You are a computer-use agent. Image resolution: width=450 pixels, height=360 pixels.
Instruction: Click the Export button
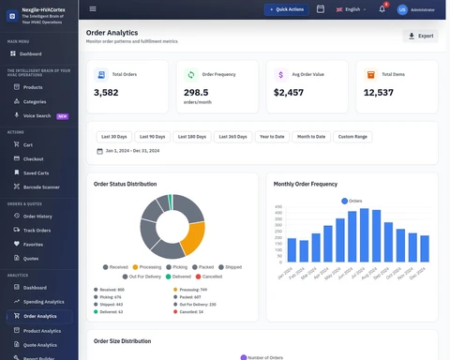tap(420, 36)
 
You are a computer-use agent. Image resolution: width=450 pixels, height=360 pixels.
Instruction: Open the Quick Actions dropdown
tap(287, 8)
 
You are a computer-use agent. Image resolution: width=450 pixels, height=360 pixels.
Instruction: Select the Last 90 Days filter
tap(152, 137)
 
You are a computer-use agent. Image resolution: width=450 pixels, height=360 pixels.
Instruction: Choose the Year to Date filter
tap(272, 137)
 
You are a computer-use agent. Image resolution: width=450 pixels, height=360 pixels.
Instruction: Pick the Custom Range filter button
tap(352, 137)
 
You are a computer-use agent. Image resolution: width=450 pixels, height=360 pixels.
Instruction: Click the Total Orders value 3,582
tap(106, 93)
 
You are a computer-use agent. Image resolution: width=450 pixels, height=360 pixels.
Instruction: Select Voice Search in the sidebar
tap(37, 116)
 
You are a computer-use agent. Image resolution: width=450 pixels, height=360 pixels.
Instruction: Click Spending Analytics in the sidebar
tap(43, 302)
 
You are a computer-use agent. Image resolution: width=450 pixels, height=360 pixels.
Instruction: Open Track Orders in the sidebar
tap(37, 230)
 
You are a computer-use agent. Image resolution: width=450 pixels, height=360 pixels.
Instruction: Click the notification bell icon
tap(382, 8)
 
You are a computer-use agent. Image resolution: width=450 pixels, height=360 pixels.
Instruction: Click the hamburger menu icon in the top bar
tap(93, 8)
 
